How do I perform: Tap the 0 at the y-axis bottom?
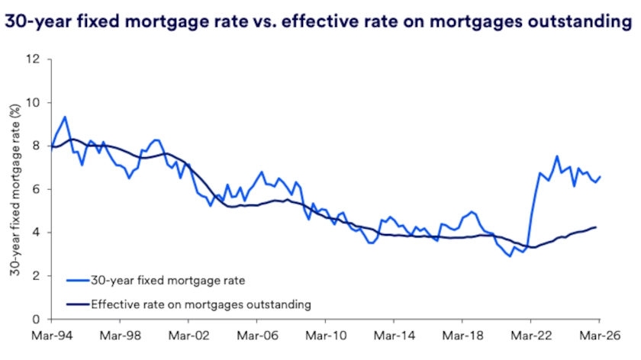[x=36, y=320]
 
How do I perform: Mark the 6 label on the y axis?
[x=36, y=189]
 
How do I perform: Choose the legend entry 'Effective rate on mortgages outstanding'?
[x=201, y=304]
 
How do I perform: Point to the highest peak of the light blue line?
[x=65, y=117]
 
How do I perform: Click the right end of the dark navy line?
[x=597, y=227]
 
